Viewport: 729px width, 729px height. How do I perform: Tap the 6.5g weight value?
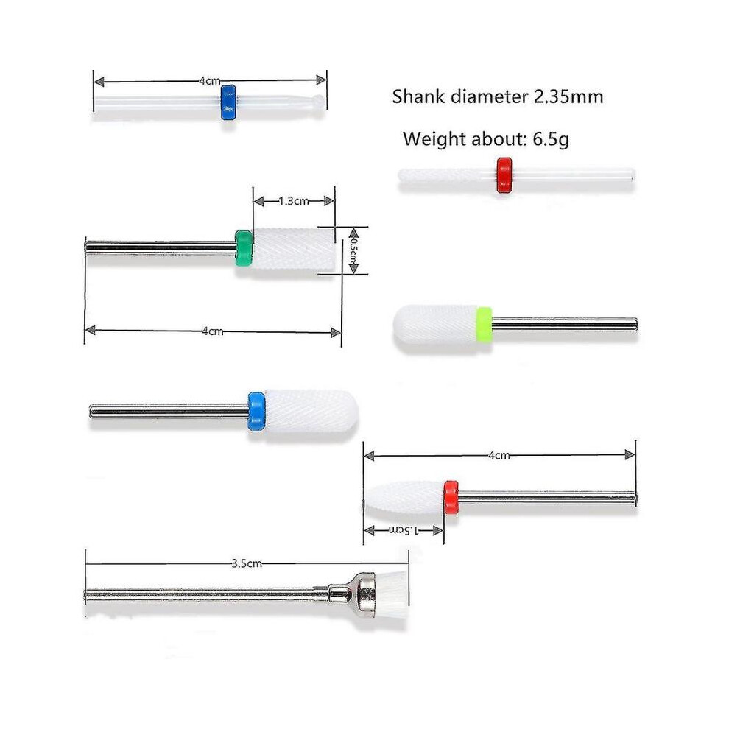pyautogui.click(x=551, y=139)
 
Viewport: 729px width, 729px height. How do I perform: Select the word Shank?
pyautogui.click(x=419, y=96)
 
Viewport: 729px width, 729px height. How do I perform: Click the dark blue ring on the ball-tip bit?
pyautogui.click(x=228, y=102)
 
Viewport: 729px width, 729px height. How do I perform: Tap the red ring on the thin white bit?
pyautogui.click(x=504, y=175)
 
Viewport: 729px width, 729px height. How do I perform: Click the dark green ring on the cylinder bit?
pyautogui.click(x=244, y=248)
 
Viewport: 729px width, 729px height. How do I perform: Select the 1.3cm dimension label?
pyautogui.click(x=293, y=201)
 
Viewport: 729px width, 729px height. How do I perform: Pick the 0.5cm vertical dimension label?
pyautogui.click(x=353, y=251)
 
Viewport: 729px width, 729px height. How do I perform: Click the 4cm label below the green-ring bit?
pyautogui.click(x=213, y=331)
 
